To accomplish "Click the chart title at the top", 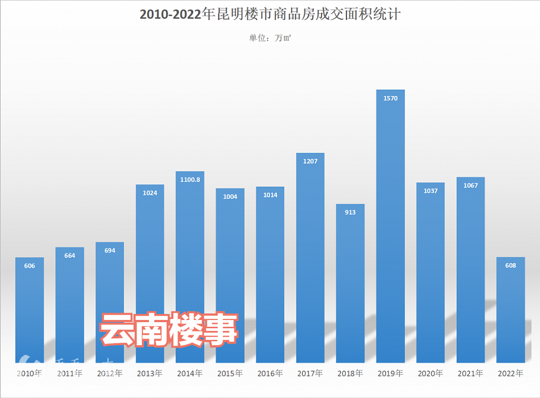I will [x=270, y=15].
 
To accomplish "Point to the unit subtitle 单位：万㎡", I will [x=270, y=38].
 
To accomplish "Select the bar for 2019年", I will [x=390, y=230].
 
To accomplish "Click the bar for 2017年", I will [x=310, y=258].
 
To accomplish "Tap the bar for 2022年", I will [x=511, y=310].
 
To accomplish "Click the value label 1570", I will [x=391, y=98].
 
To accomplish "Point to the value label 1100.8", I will [x=190, y=180].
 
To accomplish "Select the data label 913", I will [x=350, y=212].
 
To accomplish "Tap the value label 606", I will [x=30, y=266].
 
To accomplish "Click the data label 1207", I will [x=310, y=161].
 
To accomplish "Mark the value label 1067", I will [x=470, y=186].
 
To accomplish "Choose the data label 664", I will [x=70, y=256].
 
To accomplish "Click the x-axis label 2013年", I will [x=150, y=373].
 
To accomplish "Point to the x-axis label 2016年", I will [x=270, y=373].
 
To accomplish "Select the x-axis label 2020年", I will [x=430, y=373].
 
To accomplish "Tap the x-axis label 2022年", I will [x=511, y=373].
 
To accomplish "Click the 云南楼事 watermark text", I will [x=169, y=330].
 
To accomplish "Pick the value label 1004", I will [x=230, y=196].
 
